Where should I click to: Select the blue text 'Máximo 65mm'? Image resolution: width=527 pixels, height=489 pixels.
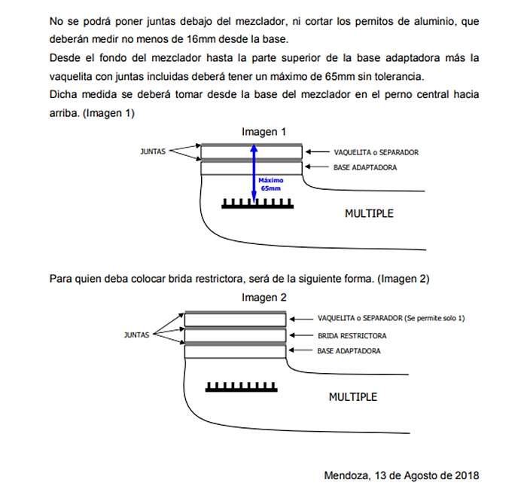click(269, 185)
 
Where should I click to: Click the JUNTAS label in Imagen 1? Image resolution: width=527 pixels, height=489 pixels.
click(153, 151)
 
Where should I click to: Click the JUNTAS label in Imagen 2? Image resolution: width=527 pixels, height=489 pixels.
click(136, 335)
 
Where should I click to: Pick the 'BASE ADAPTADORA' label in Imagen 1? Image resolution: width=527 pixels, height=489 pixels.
click(364, 167)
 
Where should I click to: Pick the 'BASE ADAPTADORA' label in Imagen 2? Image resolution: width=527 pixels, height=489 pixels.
click(349, 351)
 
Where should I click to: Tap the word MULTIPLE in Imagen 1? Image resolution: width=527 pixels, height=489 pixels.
click(369, 213)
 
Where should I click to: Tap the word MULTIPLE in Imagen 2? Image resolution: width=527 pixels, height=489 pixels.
click(353, 396)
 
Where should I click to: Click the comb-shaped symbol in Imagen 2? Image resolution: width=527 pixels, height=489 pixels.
click(237, 387)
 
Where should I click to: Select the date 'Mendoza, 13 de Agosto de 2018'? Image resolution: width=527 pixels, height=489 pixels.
click(401, 475)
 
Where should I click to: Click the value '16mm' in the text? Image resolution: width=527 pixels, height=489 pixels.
click(200, 39)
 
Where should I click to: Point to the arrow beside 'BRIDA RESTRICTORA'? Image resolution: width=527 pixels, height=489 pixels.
click(302, 335)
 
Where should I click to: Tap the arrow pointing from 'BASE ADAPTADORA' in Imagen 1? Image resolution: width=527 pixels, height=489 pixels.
click(318, 167)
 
